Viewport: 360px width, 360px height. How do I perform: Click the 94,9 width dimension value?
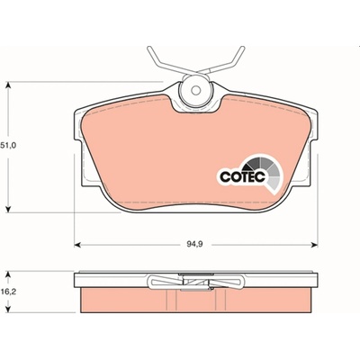pos(195,244)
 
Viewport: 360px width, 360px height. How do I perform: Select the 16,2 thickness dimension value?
pos(9,291)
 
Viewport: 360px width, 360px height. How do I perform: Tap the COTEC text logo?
pos(243,176)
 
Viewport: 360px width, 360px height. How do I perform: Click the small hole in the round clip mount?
pos(196,90)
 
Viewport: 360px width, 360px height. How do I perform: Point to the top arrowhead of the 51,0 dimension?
pos(9,85)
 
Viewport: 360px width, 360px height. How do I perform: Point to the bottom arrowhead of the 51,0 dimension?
pos(9,210)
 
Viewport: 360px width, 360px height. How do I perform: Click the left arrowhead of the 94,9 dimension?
pos(77,245)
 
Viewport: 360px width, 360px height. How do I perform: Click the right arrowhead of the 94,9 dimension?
pos(314,245)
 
